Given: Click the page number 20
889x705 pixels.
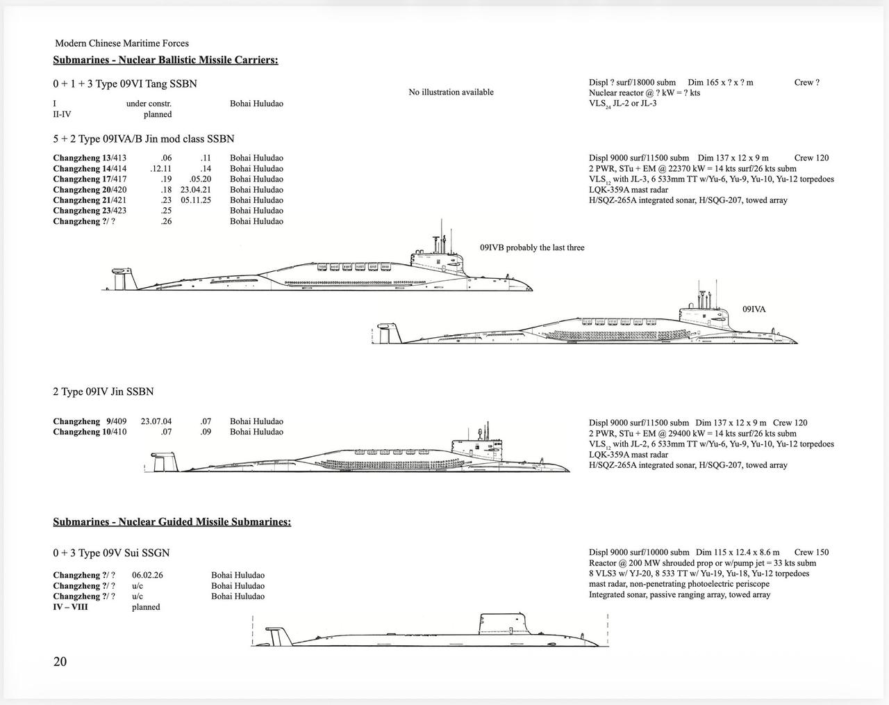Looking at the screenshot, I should [60, 661].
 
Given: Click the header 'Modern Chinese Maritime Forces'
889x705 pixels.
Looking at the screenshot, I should [122, 43].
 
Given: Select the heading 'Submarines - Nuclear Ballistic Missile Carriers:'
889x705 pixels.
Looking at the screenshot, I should [165, 60].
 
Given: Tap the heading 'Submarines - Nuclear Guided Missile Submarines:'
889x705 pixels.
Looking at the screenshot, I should [172, 521].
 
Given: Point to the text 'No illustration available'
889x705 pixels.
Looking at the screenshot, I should [451, 92].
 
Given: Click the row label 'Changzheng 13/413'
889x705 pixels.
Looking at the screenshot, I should [90, 158].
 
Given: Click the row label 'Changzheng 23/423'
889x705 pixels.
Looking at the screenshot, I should [90, 211].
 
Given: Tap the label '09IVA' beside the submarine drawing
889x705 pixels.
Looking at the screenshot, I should [754, 309].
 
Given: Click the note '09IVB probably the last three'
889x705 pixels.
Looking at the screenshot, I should [532, 248].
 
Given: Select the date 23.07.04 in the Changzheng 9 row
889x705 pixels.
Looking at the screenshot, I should [156, 421].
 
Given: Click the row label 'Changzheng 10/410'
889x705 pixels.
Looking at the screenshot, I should [90, 432].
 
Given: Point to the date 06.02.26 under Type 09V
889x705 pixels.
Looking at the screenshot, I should [147, 575].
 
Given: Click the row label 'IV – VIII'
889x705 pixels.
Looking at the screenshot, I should [70, 607].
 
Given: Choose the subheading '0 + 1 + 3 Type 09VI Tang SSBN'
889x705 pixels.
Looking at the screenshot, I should [125, 84].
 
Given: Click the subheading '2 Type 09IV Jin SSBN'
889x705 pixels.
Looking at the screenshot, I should [103, 392].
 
